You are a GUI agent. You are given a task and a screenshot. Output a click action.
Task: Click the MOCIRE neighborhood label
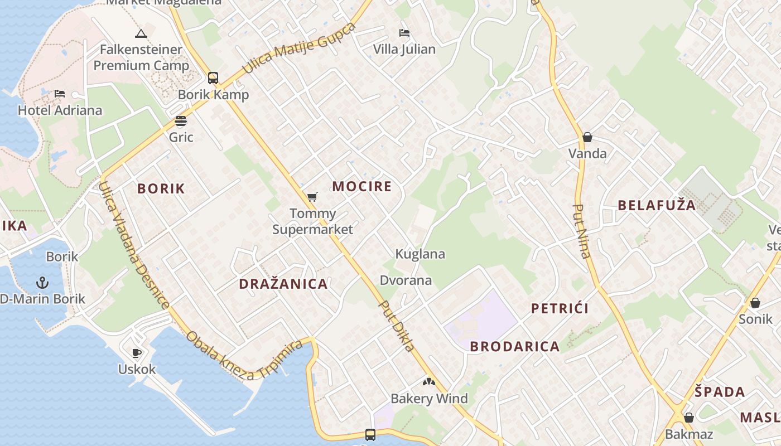pyautogui.click(x=362, y=186)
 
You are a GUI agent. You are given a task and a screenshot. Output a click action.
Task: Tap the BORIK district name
pyautogui.click(x=161, y=188)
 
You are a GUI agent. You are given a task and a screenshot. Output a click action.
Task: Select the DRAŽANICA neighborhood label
pyautogui.click(x=283, y=284)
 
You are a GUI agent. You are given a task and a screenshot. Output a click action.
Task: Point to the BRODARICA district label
pyautogui.click(x=514, y=346)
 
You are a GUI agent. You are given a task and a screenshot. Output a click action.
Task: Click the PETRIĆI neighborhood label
pyautogui.click(x=560, y=308)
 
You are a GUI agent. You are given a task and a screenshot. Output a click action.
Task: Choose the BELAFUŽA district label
pyautogui.click(x=657, y=205)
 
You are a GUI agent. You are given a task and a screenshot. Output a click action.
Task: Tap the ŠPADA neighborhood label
pyautogui.click(x=720, y=391)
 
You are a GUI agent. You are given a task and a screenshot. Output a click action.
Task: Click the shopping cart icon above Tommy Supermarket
pyautogui.click(x=312, y=197)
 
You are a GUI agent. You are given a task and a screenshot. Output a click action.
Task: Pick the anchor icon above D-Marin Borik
pyautogui.click(x=42, y=283)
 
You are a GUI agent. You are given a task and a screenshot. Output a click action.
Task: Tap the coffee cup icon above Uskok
pyautogui.click(x=137, y=353)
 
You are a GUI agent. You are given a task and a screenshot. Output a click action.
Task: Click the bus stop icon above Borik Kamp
pyautogui.click(x=213, y=78)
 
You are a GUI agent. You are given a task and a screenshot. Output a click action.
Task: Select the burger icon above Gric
pyautogui.click(x=180, y=121)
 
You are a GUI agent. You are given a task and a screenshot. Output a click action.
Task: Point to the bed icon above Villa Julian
pyautogui.click(x=404, y=33)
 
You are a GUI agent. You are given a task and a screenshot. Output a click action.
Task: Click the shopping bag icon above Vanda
pyautogui.click(x=587, y=137)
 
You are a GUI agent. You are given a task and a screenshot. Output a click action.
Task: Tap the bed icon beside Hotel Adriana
pyautogui.click(x=60, y=94)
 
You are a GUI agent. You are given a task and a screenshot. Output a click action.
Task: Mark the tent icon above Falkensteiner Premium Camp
pyautogui.click(x=141, y=33)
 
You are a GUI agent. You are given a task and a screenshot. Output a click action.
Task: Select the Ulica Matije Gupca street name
pyautogui.click(x=298, y=49)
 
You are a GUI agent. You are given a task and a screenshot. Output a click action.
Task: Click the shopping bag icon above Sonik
pyautogui.click(x=755, y=303)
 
